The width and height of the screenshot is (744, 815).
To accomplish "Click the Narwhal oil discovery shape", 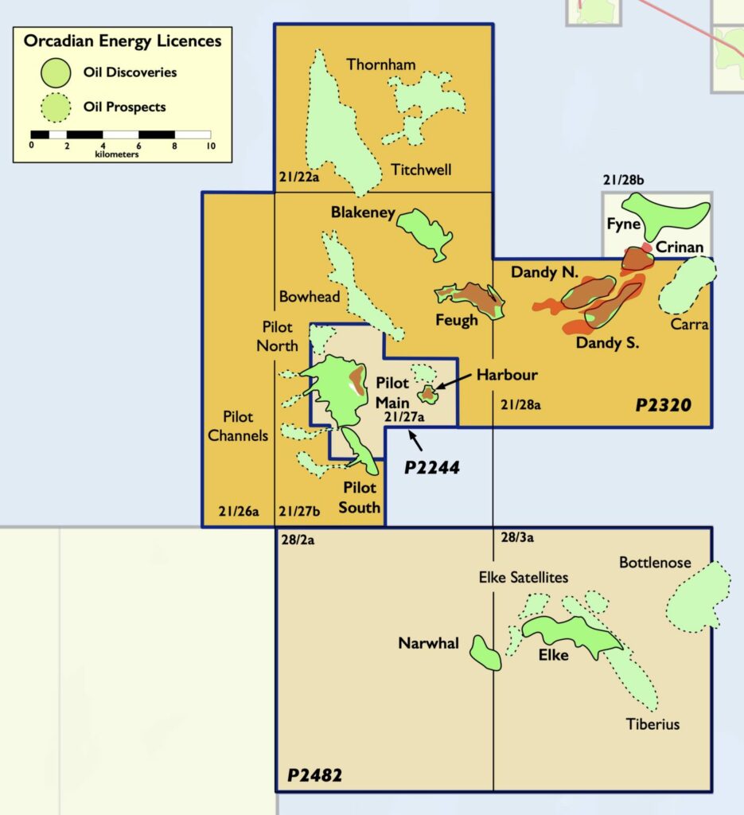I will pos(485,653).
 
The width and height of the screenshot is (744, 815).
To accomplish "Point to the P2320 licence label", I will pos(663,406).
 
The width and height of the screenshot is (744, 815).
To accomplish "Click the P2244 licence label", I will pos(432,467).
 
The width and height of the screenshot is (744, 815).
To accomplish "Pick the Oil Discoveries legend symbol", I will pos(58,72).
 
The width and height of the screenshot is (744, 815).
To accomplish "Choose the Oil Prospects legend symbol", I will pos(58,107).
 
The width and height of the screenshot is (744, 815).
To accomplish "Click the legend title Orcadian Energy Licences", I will pos(123,40).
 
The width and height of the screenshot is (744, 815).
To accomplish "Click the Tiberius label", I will pos(652,724).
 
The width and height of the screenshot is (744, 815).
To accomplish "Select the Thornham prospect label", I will pos(380,64).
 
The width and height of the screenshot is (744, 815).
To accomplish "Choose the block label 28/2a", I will pos(301,539).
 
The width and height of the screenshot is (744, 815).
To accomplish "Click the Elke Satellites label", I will pos(523,577).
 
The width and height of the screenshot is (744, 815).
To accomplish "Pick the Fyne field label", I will pos(623,224).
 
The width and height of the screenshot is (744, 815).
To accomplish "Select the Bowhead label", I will pos(310,297).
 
